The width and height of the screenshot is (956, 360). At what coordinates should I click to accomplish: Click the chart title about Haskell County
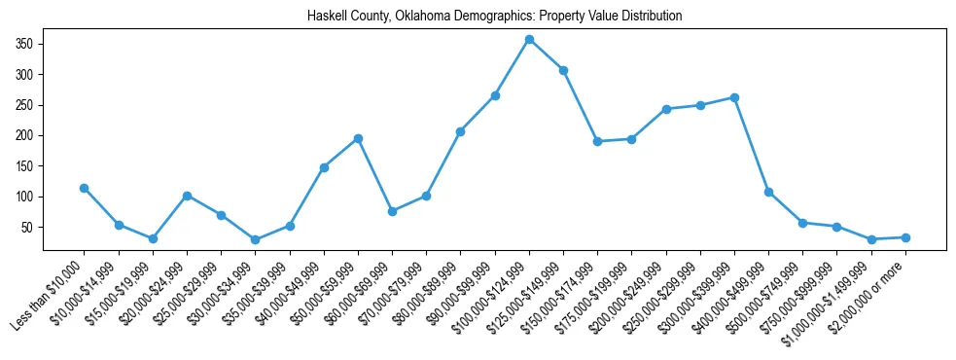494,17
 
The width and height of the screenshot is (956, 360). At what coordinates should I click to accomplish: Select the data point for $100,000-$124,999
529,39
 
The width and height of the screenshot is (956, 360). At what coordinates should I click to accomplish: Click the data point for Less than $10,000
85,188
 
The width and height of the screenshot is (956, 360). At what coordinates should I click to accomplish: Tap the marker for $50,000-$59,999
358,138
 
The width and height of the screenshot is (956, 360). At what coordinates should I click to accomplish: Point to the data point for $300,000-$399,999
734,97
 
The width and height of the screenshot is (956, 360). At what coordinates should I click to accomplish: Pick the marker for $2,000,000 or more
905,237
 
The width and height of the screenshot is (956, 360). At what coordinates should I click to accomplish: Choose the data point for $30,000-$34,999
256,240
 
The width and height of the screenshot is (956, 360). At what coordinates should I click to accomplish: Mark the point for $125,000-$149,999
563,70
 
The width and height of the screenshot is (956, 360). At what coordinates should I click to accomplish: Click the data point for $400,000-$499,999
768,192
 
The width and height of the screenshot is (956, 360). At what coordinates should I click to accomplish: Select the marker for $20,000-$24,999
187,196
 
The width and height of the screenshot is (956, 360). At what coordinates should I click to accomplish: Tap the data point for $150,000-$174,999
597,141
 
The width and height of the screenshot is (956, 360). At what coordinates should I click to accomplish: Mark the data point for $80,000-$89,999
460,131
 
